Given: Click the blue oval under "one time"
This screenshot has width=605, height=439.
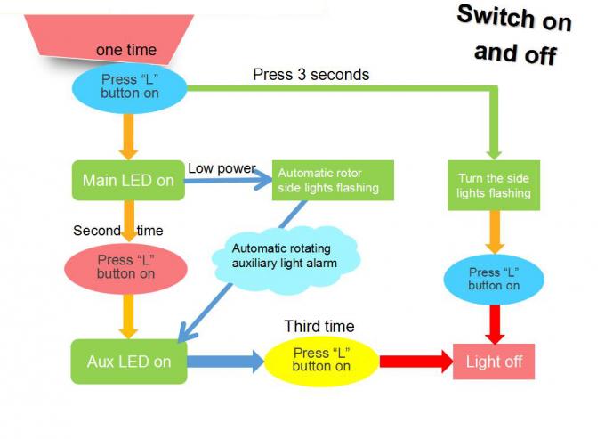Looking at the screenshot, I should [x=130, y=85].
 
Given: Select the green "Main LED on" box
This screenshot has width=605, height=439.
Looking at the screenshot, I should [x=128, y=181].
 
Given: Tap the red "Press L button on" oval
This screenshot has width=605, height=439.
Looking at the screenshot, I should [x=126, y=267].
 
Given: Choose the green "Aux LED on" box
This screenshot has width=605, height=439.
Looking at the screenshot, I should [x=129, y=362].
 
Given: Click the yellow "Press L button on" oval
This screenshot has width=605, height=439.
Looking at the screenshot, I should [x=321, y=360].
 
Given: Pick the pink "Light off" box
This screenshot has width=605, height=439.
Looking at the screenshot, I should [x=494, y=362].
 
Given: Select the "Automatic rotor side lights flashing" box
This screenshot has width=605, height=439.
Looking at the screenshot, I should [x=329, y=180].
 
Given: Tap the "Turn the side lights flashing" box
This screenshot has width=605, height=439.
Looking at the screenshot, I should [x=494, y=185].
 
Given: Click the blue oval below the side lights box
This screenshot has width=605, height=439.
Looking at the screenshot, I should [x=494, y=279].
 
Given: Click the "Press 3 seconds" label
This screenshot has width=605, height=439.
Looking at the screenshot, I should [x=311, y=75].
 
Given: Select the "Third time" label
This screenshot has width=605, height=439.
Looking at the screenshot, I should [x=319, y=326].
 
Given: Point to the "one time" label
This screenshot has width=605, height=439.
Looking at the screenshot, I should [x=125, y=50].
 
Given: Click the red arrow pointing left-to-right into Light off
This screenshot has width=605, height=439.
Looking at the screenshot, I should [x=416, y=362].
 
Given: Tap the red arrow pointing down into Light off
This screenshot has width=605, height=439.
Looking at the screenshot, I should [x=495, y=323].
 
